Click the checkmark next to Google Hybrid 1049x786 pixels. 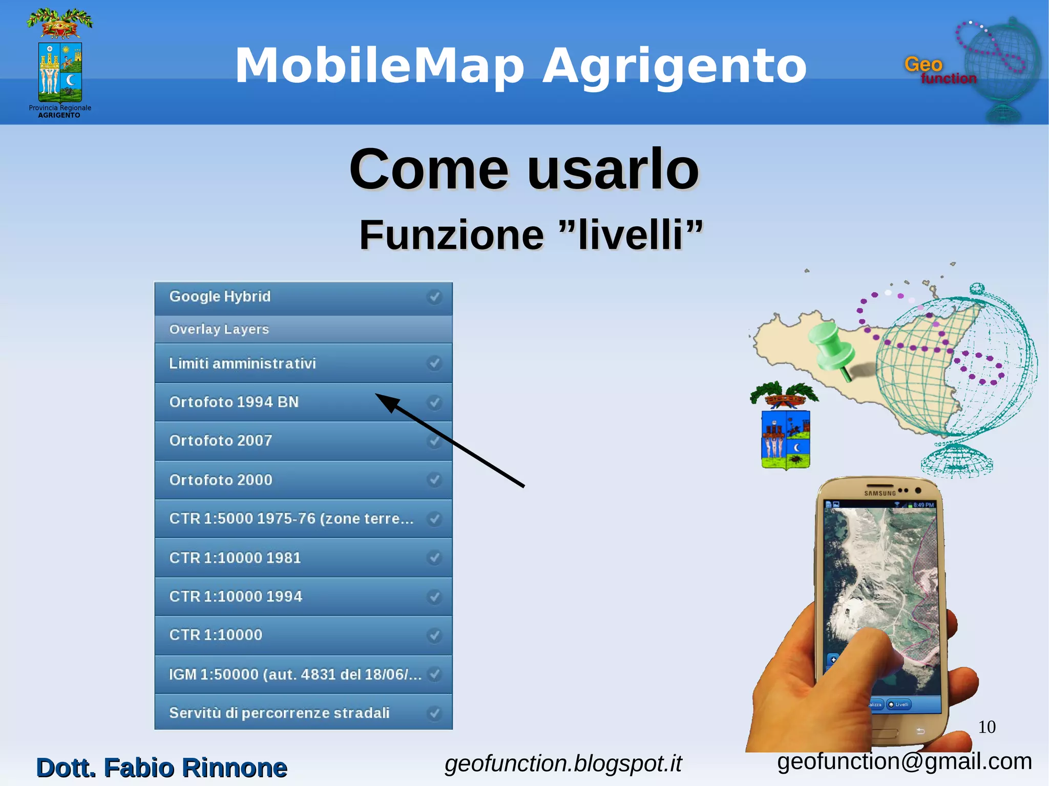434,297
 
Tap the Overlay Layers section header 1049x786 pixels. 219,329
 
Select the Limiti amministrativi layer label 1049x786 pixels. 242,364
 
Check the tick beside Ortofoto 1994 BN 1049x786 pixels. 434,402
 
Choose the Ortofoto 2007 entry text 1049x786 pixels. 221,441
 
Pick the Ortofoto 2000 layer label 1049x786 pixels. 221,480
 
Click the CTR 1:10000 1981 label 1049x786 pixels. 235,558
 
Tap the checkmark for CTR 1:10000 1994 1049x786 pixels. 434,597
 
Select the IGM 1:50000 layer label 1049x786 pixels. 295,674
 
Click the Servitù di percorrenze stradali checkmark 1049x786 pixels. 434,713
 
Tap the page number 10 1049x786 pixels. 987,727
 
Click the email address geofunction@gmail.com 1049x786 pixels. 904,762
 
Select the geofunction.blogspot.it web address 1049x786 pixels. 563,763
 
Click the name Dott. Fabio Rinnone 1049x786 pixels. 162,768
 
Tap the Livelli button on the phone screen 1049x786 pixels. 899,705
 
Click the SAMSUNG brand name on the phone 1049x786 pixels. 879,494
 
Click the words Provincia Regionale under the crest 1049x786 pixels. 60,108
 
